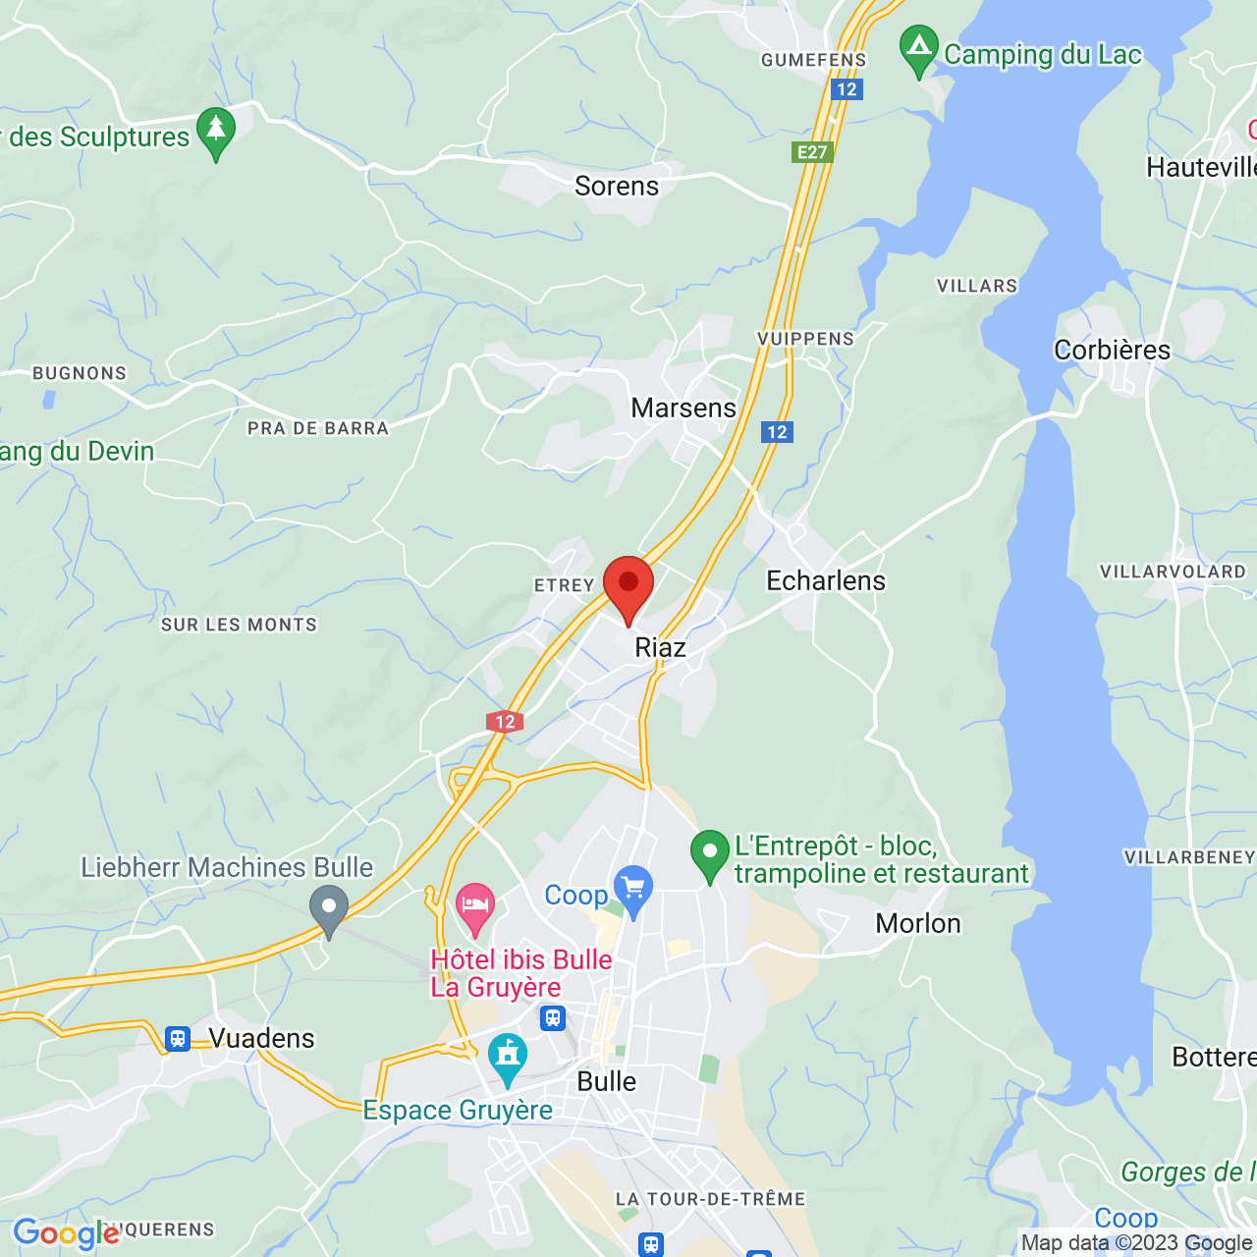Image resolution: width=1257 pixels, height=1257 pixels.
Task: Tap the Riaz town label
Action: click(660, 647)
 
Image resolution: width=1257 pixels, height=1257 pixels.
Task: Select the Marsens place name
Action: click(683, 408)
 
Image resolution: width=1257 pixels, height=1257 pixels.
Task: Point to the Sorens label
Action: click(617, 186)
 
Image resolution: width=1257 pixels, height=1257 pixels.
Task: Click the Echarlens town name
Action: click(826, 580)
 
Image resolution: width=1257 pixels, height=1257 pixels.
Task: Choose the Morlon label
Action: click(918, 923)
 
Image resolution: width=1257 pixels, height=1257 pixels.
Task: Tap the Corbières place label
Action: click(1112, 350)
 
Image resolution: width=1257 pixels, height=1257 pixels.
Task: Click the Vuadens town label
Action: click(262, 1038)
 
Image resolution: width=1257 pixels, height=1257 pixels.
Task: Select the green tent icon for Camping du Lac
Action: click(919, 50)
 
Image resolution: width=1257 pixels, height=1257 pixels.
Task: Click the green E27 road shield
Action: click(812, 151)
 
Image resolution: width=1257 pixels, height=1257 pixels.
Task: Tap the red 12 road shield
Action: click(505, 722)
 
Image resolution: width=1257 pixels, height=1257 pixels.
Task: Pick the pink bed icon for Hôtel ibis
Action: click(475, 907)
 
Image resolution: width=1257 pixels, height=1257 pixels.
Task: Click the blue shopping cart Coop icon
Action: click(633, 889)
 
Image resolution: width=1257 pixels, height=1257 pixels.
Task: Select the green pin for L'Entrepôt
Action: click(709, 854)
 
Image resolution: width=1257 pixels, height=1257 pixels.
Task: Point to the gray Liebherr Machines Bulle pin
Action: click(329, 909)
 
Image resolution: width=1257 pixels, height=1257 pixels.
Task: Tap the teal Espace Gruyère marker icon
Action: click(508, 1058)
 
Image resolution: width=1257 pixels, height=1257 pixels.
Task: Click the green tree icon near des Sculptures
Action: click(216, 132)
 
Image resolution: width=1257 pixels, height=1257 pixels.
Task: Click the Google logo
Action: click(66, 1233)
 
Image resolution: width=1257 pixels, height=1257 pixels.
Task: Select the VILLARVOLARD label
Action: click(1173, 572)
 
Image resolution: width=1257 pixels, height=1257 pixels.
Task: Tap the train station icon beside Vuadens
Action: click(178, 1038)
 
